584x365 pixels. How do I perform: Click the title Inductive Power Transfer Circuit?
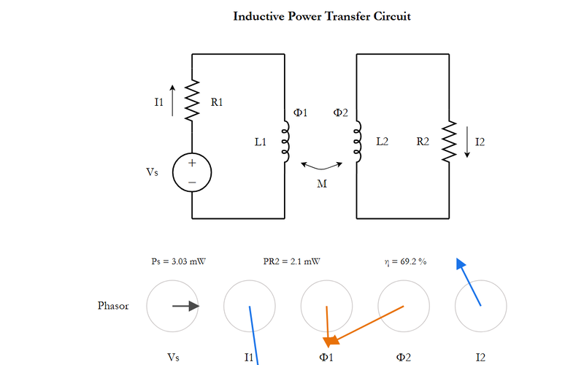point(322,16)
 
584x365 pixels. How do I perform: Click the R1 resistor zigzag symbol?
point(192,101)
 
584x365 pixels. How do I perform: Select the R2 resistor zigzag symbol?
point(449,141)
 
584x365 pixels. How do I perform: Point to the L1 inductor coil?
point(285,141)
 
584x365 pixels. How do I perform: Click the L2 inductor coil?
point(357,141)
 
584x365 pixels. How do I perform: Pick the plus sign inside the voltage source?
point(192,163)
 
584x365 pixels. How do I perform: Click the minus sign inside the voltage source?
point(192,182)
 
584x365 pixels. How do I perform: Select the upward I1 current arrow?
point(172,101)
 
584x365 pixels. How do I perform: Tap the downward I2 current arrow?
point(467,142)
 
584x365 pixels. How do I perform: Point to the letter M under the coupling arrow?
point(322,184)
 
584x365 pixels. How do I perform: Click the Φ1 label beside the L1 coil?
point(300,112)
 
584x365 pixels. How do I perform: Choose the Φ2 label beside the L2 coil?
point(340,112)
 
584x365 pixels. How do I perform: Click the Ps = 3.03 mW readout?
point(178,261)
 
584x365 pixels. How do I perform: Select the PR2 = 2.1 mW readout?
point(291,261)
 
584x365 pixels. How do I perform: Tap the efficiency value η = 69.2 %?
point(405,261)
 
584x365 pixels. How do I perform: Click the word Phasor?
point(113,306)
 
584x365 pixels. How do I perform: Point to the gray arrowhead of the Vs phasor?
point(194,306)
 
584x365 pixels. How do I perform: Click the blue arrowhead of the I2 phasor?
point(461,264)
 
